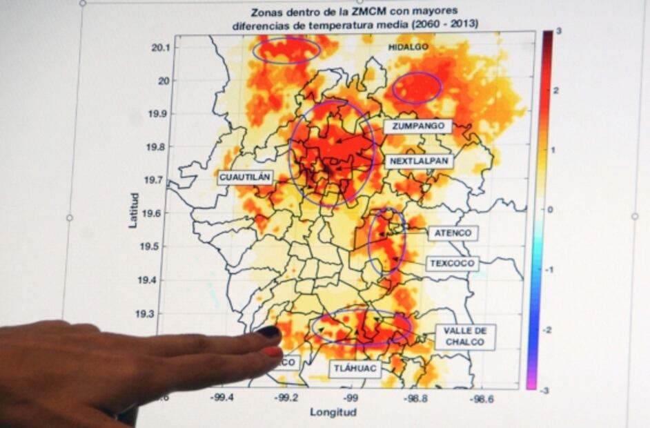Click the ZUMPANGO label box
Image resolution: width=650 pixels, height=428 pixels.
(x=418, y=126)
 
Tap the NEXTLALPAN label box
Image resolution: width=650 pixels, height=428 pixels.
(x=419, y=161)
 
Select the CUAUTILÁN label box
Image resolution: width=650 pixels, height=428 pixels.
(x=245, y=177)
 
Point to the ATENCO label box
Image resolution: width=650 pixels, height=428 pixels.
(x=453, y=233)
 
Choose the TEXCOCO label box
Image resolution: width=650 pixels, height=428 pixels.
(x=452, y=264)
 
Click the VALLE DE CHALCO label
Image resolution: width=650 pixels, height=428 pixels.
(x=465, y=336)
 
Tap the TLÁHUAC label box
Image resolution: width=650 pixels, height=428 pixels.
(x=355, y=369)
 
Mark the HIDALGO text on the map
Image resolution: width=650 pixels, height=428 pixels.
(x=408, y=47)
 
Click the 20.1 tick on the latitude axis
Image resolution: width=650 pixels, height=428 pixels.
(x=161, y=47)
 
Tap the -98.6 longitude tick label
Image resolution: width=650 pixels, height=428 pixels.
(x=482, y=398)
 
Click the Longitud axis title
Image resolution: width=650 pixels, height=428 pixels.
(x=333, y=412)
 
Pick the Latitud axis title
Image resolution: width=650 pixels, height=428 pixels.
(x=134, y=211)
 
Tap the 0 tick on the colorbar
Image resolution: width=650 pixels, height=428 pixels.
(x=550, y=210)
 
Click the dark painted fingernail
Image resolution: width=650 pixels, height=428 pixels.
(x=268, y=332)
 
